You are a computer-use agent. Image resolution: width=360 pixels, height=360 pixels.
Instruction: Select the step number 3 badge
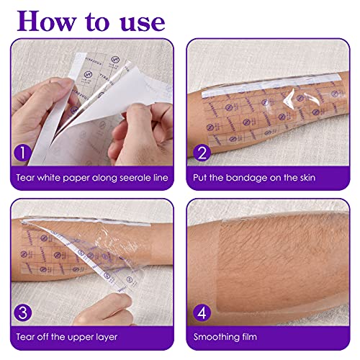(22, 312)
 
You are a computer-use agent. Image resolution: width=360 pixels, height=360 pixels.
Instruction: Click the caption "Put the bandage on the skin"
(268, 176)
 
